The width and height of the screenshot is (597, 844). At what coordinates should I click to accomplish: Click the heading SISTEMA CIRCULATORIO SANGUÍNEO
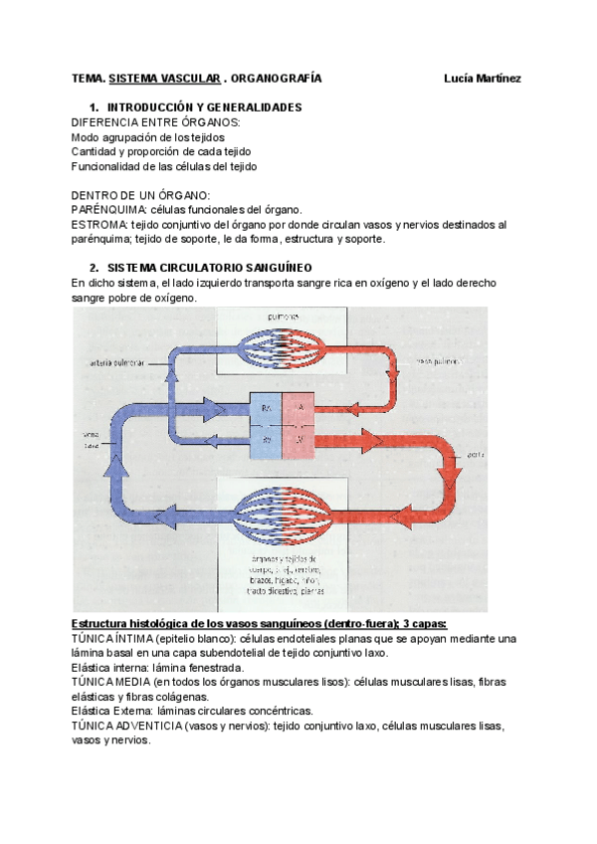(x=209, y=268)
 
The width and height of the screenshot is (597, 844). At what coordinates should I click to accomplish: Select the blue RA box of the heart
(x=268, y=409)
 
